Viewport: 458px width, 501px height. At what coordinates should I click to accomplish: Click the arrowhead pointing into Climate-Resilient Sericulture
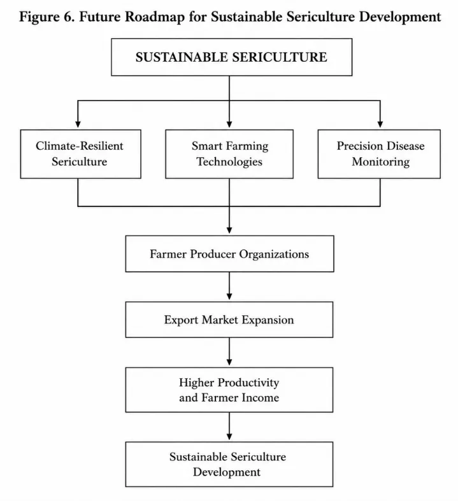coord(78,124)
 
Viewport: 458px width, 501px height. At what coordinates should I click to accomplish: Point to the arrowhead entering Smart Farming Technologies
coord(229,124)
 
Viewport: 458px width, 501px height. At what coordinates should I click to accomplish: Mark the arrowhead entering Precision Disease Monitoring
coord(380,124)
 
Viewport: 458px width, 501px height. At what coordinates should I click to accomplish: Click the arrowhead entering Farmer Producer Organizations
coord(229,230)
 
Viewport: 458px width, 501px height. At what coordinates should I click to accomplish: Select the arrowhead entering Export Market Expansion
coord(229,296)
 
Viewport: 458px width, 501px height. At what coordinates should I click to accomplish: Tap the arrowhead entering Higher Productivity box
coord(229,362)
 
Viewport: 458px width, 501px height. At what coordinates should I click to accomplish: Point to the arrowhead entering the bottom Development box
coord(229,437)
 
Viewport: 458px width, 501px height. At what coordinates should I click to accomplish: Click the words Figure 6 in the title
coord(47,17)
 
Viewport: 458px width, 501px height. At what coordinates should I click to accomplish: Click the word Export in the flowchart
coord(181,320)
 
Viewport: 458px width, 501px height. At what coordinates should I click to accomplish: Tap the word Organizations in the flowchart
coord(274,255)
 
